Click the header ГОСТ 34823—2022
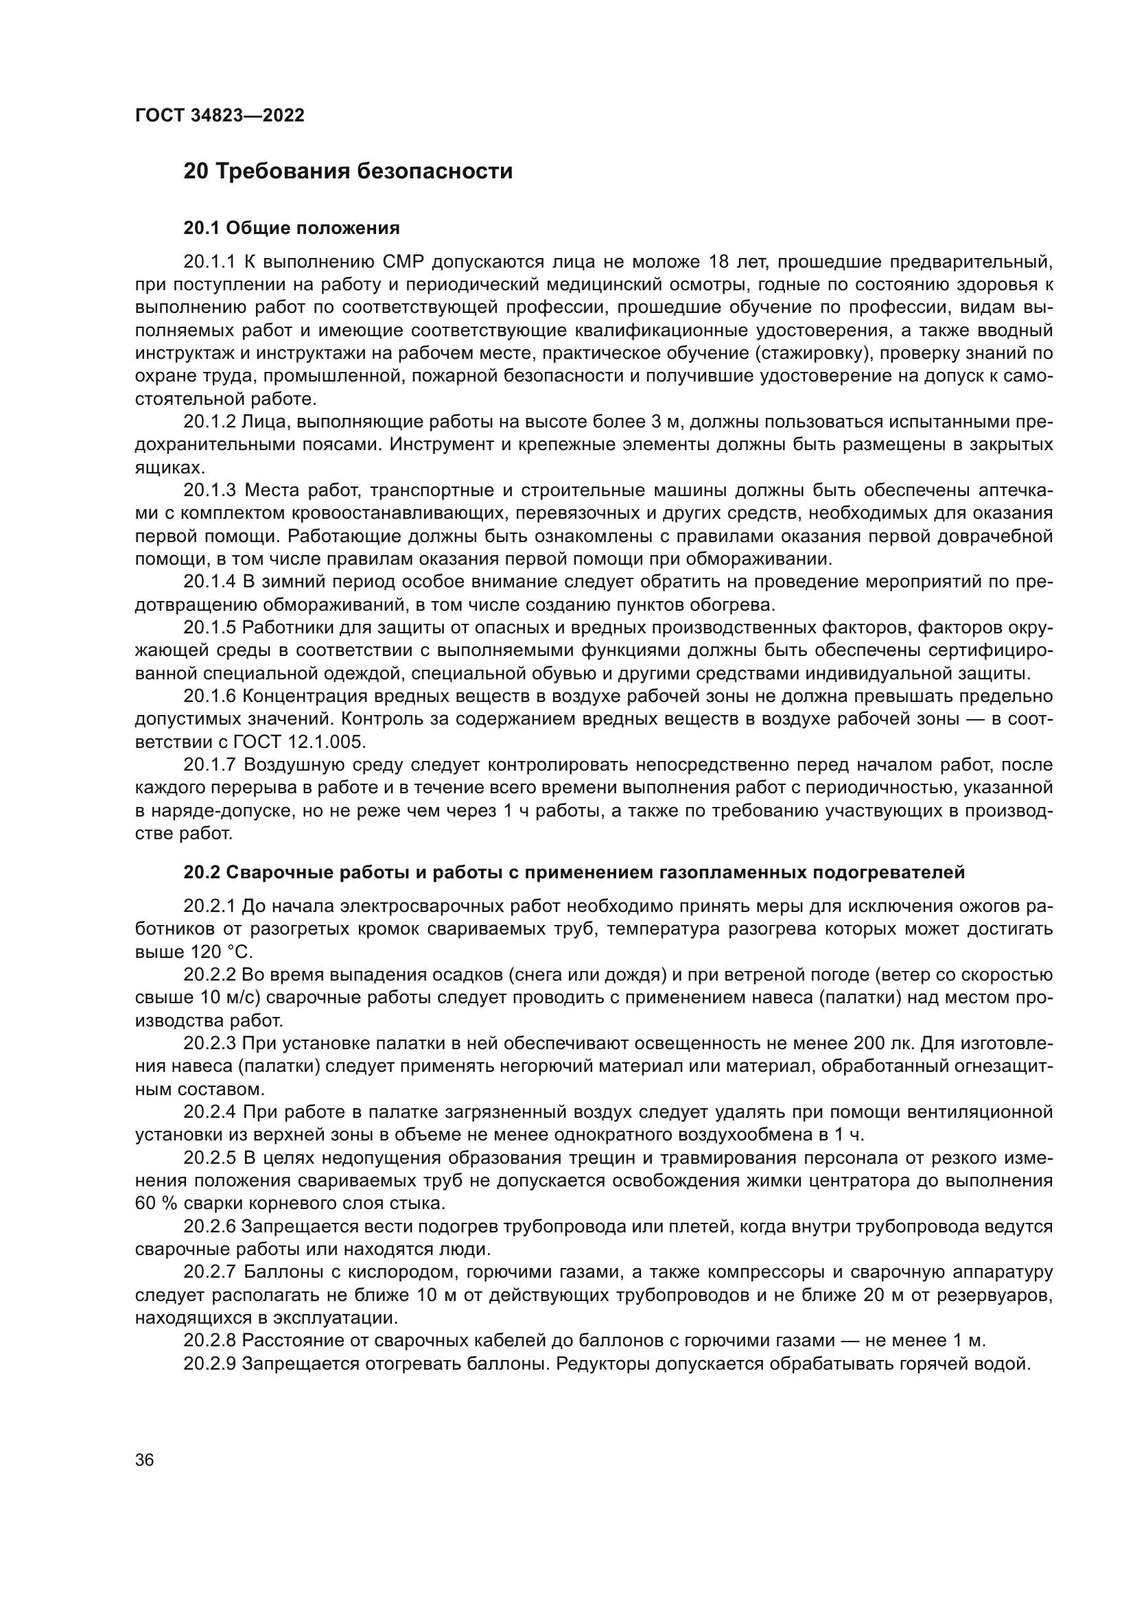click(220, 116)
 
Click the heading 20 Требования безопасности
click(347, 172)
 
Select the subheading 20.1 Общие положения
click(292, 229)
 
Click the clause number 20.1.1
click(210, 262)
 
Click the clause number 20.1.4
click(210, 582)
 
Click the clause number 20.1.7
click(210, 764)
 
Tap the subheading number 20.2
click(202, 873)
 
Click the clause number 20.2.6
click(210, 1227)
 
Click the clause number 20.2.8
click(210, 1341)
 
